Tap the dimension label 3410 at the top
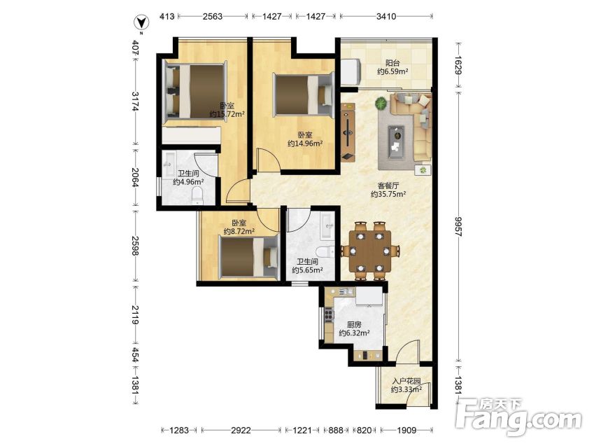[x=386, y=16]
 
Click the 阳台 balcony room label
[x=393, y=63]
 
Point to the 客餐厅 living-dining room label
[x=388, y=186]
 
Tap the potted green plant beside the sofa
[x=381, y=103]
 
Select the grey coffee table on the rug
[x=396, y=141]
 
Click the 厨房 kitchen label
[x=354, y=325]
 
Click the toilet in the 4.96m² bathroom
[x=197, y=197]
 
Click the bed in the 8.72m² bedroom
[x=249, y=257]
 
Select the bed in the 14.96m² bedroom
[x=304, y=95]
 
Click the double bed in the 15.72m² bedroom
[x=195, y=91]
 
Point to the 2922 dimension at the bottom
[x=241, y=430]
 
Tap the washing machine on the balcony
[x=351, y=72]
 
